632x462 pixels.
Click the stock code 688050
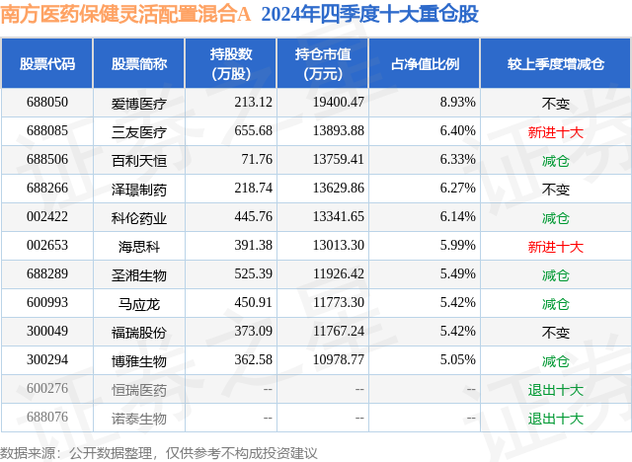pos(47,102)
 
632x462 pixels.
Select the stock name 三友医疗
pos(138,130)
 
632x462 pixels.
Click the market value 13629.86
pos(337,189)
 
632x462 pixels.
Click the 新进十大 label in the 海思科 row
pos(555,246)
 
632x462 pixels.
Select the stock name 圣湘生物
pos(138,274)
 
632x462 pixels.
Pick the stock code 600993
pos(47,303)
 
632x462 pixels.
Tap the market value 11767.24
pos(337,333)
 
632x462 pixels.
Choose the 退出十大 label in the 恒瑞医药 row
pos(555,390)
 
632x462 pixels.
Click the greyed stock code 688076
pos(47,419)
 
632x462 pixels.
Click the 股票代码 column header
pos(47,63)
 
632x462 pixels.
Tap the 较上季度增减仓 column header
pos(555,63)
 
